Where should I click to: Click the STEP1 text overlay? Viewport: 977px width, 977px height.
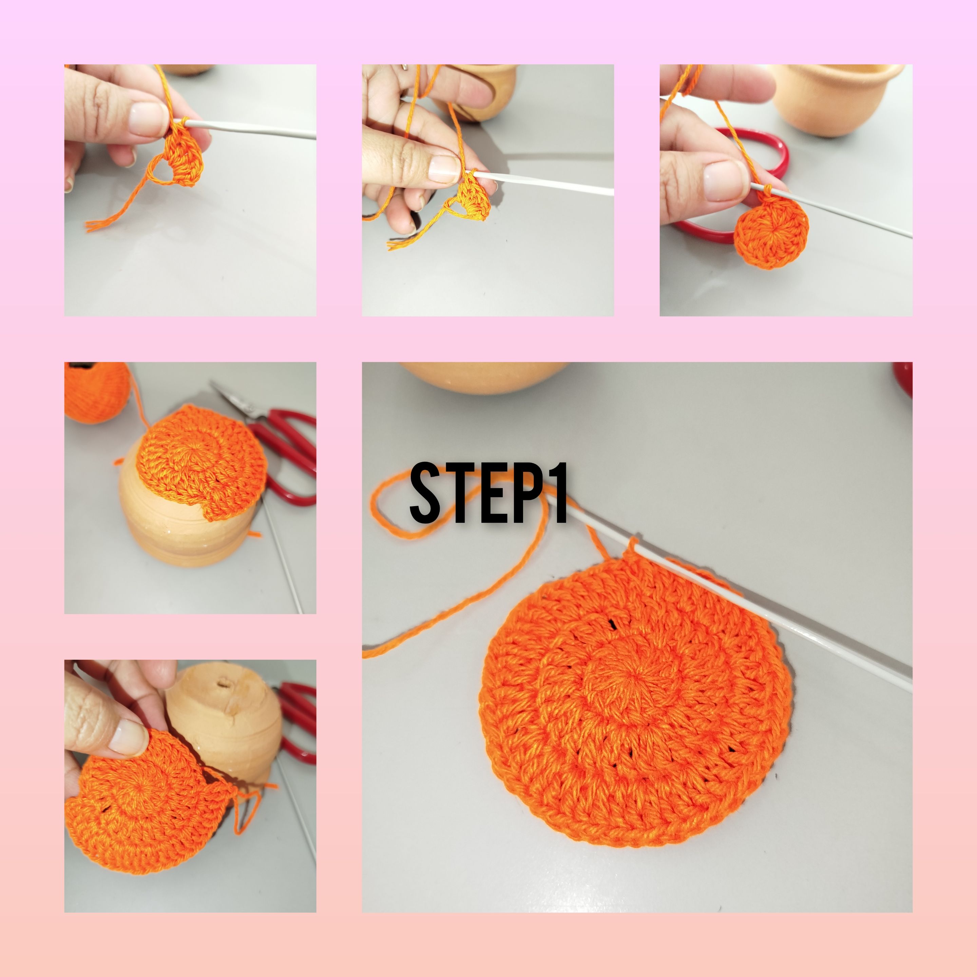(489, 493)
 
